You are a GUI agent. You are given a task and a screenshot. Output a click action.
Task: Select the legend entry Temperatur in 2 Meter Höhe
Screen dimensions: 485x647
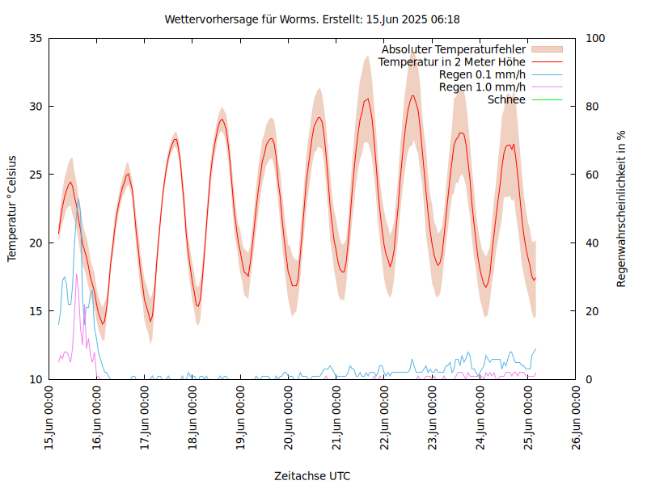click(451, 61)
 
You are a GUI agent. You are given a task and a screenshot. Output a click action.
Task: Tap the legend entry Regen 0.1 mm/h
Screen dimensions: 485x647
click(482, 74)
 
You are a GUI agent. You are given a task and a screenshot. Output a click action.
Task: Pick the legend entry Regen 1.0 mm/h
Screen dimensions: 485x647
click(482, 86)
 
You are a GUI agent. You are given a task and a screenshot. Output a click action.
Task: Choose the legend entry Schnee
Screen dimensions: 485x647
click(506, 99)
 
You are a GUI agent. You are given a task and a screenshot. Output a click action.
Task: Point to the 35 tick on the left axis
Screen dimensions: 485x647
click(35, 38)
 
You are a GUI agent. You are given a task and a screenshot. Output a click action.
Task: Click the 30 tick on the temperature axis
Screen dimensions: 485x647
click(35, 106)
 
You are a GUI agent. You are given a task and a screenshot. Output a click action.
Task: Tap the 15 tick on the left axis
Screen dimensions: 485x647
click(35, 311)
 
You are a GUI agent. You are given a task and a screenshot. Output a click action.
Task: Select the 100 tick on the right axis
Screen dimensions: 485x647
click(596, 38)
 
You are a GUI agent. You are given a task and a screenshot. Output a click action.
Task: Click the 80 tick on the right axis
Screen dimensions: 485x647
click(593, 106)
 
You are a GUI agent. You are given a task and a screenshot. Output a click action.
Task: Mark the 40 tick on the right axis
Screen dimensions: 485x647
click(593, 242)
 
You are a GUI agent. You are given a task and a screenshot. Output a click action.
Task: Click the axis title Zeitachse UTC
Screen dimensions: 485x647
click(312, 475)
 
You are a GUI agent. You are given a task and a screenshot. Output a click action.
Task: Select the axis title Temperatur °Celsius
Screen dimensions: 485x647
click(12, 209)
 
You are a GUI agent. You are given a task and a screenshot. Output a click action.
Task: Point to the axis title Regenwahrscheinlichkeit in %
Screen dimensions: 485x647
click(622, 209)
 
